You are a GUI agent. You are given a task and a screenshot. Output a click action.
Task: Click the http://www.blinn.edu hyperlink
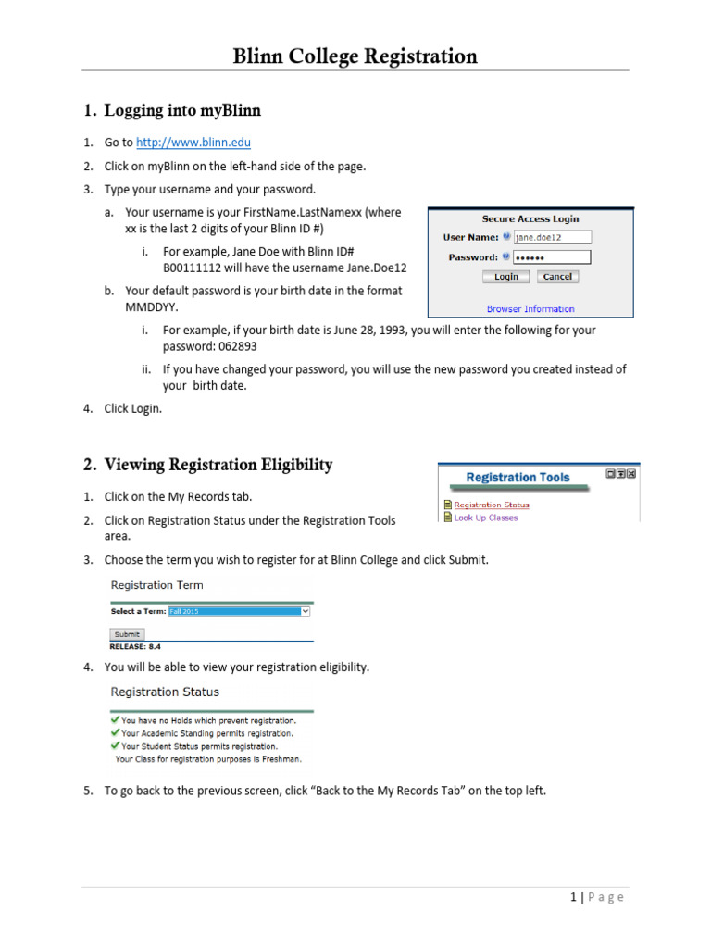193,143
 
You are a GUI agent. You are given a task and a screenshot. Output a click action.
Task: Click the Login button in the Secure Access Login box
505,277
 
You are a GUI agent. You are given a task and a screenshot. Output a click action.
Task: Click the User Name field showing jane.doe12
552,237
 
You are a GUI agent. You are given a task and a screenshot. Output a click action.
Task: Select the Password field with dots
552,257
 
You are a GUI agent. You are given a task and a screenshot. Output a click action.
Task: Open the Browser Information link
530,309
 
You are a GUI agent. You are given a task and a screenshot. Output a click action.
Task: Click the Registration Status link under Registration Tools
492,505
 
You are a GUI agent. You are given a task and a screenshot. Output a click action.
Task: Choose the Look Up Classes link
486,518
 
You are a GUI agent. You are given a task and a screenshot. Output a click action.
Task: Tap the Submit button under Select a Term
127,634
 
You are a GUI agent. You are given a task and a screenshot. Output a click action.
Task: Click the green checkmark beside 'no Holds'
114,719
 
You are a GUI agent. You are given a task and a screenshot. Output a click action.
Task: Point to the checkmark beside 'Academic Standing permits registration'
114,732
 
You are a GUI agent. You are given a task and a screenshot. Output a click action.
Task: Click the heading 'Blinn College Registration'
355,57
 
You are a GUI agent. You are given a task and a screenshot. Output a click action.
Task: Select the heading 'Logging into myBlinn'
182,111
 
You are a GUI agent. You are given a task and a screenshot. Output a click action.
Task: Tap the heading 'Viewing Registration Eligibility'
218,465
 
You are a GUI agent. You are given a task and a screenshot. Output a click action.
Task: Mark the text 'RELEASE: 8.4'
136,646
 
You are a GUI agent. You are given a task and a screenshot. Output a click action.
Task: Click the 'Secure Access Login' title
530,219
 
